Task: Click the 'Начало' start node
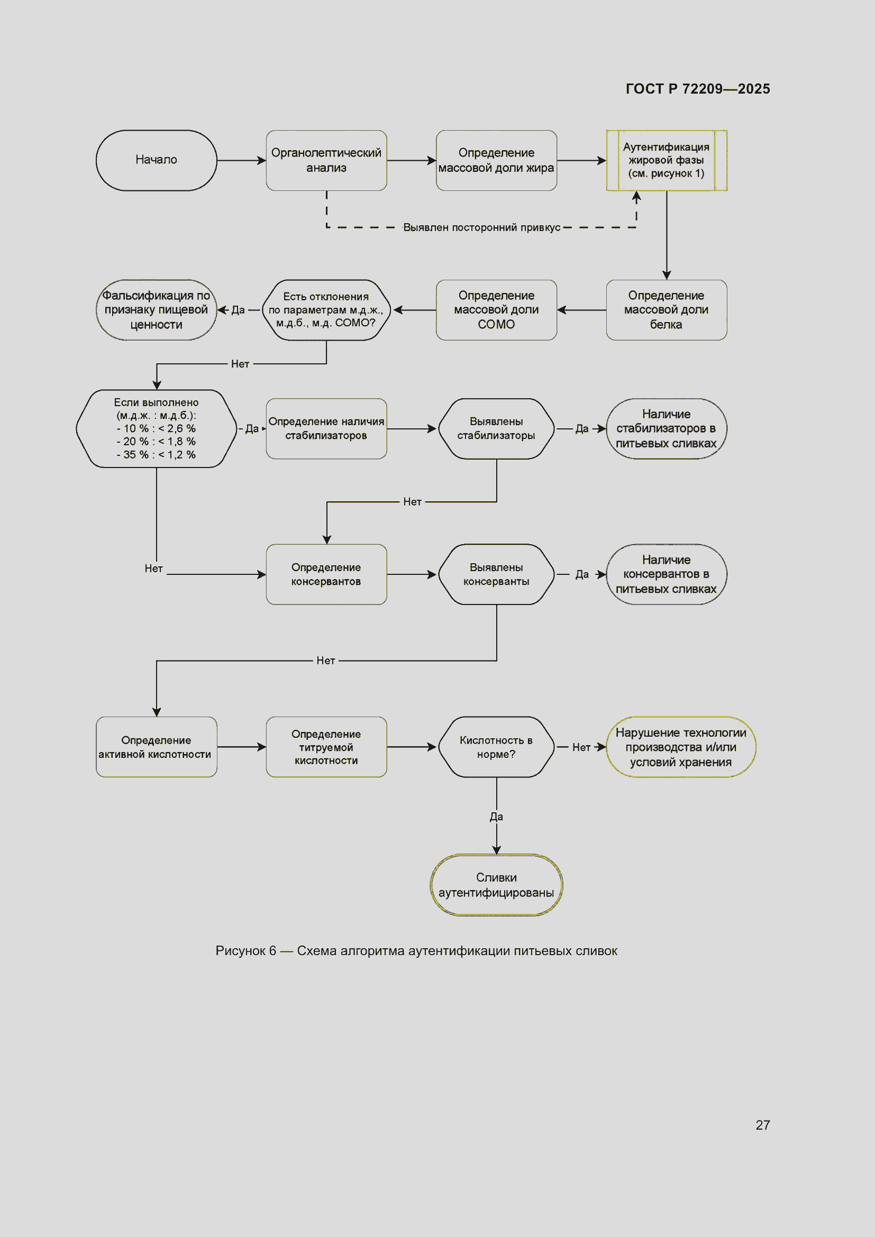click(156, 160)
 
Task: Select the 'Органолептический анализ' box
click(326, 160)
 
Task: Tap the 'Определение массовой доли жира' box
click(496, 160)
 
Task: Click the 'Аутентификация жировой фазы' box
click(667, 160)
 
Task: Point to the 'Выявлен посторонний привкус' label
click(482, 227)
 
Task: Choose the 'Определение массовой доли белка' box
click(667, 310)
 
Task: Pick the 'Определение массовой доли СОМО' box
click(496, 310)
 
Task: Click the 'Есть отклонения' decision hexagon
click(326, 310)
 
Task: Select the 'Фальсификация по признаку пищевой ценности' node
click(156, 310)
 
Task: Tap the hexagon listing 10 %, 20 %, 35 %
click(156, 428)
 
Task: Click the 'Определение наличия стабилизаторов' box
click(326, 428)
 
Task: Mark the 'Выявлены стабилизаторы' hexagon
click(496, 428)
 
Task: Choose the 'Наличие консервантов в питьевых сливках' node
click(667, 574)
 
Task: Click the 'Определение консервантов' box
click(326, 574)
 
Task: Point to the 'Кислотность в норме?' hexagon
click(496, 747)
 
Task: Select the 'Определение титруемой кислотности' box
click(326, 747)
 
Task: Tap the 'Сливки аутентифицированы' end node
click(496, 885)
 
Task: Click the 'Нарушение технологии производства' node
click(681, 747)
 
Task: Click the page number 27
click(762, 1125)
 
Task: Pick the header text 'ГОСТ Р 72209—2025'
click(698, 89)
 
